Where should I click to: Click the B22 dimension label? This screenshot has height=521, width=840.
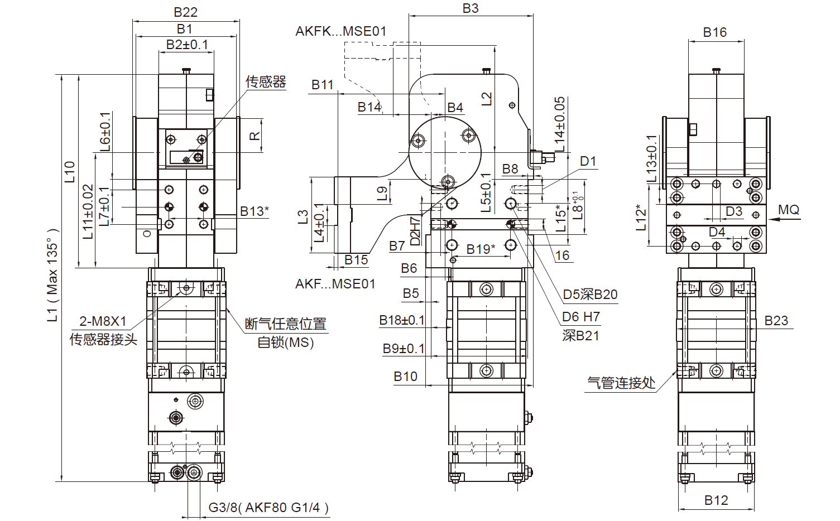(185, 12)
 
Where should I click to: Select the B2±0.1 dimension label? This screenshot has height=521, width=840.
(187, 45)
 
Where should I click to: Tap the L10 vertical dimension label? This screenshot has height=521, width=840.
(69, 172)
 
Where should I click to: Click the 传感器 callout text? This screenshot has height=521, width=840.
(266, 82)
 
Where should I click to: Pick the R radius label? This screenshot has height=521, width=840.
(254, 136)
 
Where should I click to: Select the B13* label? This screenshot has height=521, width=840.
(255, 211)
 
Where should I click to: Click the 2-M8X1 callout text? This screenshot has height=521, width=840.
(103, 321)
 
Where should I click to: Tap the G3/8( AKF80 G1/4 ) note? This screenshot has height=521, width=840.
(268, 508)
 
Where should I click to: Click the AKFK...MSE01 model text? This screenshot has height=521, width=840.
(340, 31)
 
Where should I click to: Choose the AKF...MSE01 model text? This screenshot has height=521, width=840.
(335, 284)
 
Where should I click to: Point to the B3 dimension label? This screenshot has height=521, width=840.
(471, 8)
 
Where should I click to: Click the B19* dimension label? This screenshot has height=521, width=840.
(481, 249)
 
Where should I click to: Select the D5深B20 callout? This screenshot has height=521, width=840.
(590, 295)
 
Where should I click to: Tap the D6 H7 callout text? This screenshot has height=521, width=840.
(580, 317)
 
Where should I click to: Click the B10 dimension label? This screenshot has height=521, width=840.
(405, 377)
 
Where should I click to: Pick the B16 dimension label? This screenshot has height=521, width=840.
(714, 32)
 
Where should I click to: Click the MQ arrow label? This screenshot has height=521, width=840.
(789, 210)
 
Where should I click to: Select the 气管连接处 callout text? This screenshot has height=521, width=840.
(621, 383)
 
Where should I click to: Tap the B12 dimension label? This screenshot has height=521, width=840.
(716, 500)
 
